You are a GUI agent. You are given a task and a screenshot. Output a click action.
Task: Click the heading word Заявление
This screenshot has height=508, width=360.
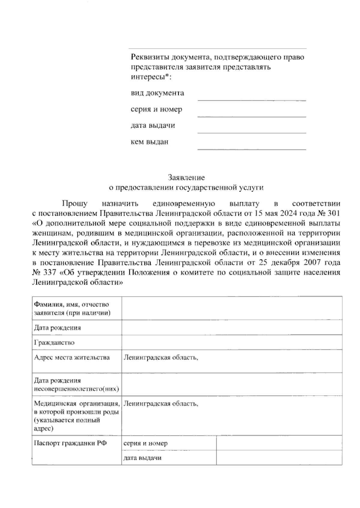pos(186,177)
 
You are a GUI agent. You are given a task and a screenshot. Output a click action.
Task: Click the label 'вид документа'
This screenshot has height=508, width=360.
pos(157,93)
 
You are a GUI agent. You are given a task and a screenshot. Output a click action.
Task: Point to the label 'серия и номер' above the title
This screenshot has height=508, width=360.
pos(156,109)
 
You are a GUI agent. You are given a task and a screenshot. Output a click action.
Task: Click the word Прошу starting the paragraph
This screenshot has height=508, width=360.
pos(75,204)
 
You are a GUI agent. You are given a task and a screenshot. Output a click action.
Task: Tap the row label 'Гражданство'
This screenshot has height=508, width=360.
pos(54,342)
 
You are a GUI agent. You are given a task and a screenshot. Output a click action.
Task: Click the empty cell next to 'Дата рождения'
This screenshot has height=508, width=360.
pos(232,327)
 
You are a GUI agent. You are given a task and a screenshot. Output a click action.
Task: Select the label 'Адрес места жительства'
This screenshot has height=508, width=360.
pos(72,357)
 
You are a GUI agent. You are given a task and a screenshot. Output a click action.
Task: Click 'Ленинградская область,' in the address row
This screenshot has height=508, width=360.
pos(161,357)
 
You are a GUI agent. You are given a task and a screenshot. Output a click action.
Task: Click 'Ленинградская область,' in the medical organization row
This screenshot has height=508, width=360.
pos(161,403)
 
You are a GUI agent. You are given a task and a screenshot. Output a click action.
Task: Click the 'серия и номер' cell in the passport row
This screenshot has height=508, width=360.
pos(145,443)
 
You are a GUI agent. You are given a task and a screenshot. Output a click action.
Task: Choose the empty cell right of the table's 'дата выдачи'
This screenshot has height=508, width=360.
pos(279,458)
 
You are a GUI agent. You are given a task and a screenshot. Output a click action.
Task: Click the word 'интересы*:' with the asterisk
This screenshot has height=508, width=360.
pos(151,77)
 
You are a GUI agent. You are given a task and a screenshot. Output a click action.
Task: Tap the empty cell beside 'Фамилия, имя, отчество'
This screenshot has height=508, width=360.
pos(232,308)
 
